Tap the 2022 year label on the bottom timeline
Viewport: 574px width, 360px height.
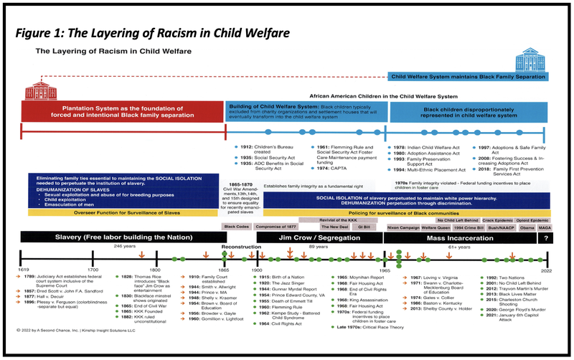tap(545, 271)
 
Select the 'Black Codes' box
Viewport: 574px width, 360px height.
tap(236, 226)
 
